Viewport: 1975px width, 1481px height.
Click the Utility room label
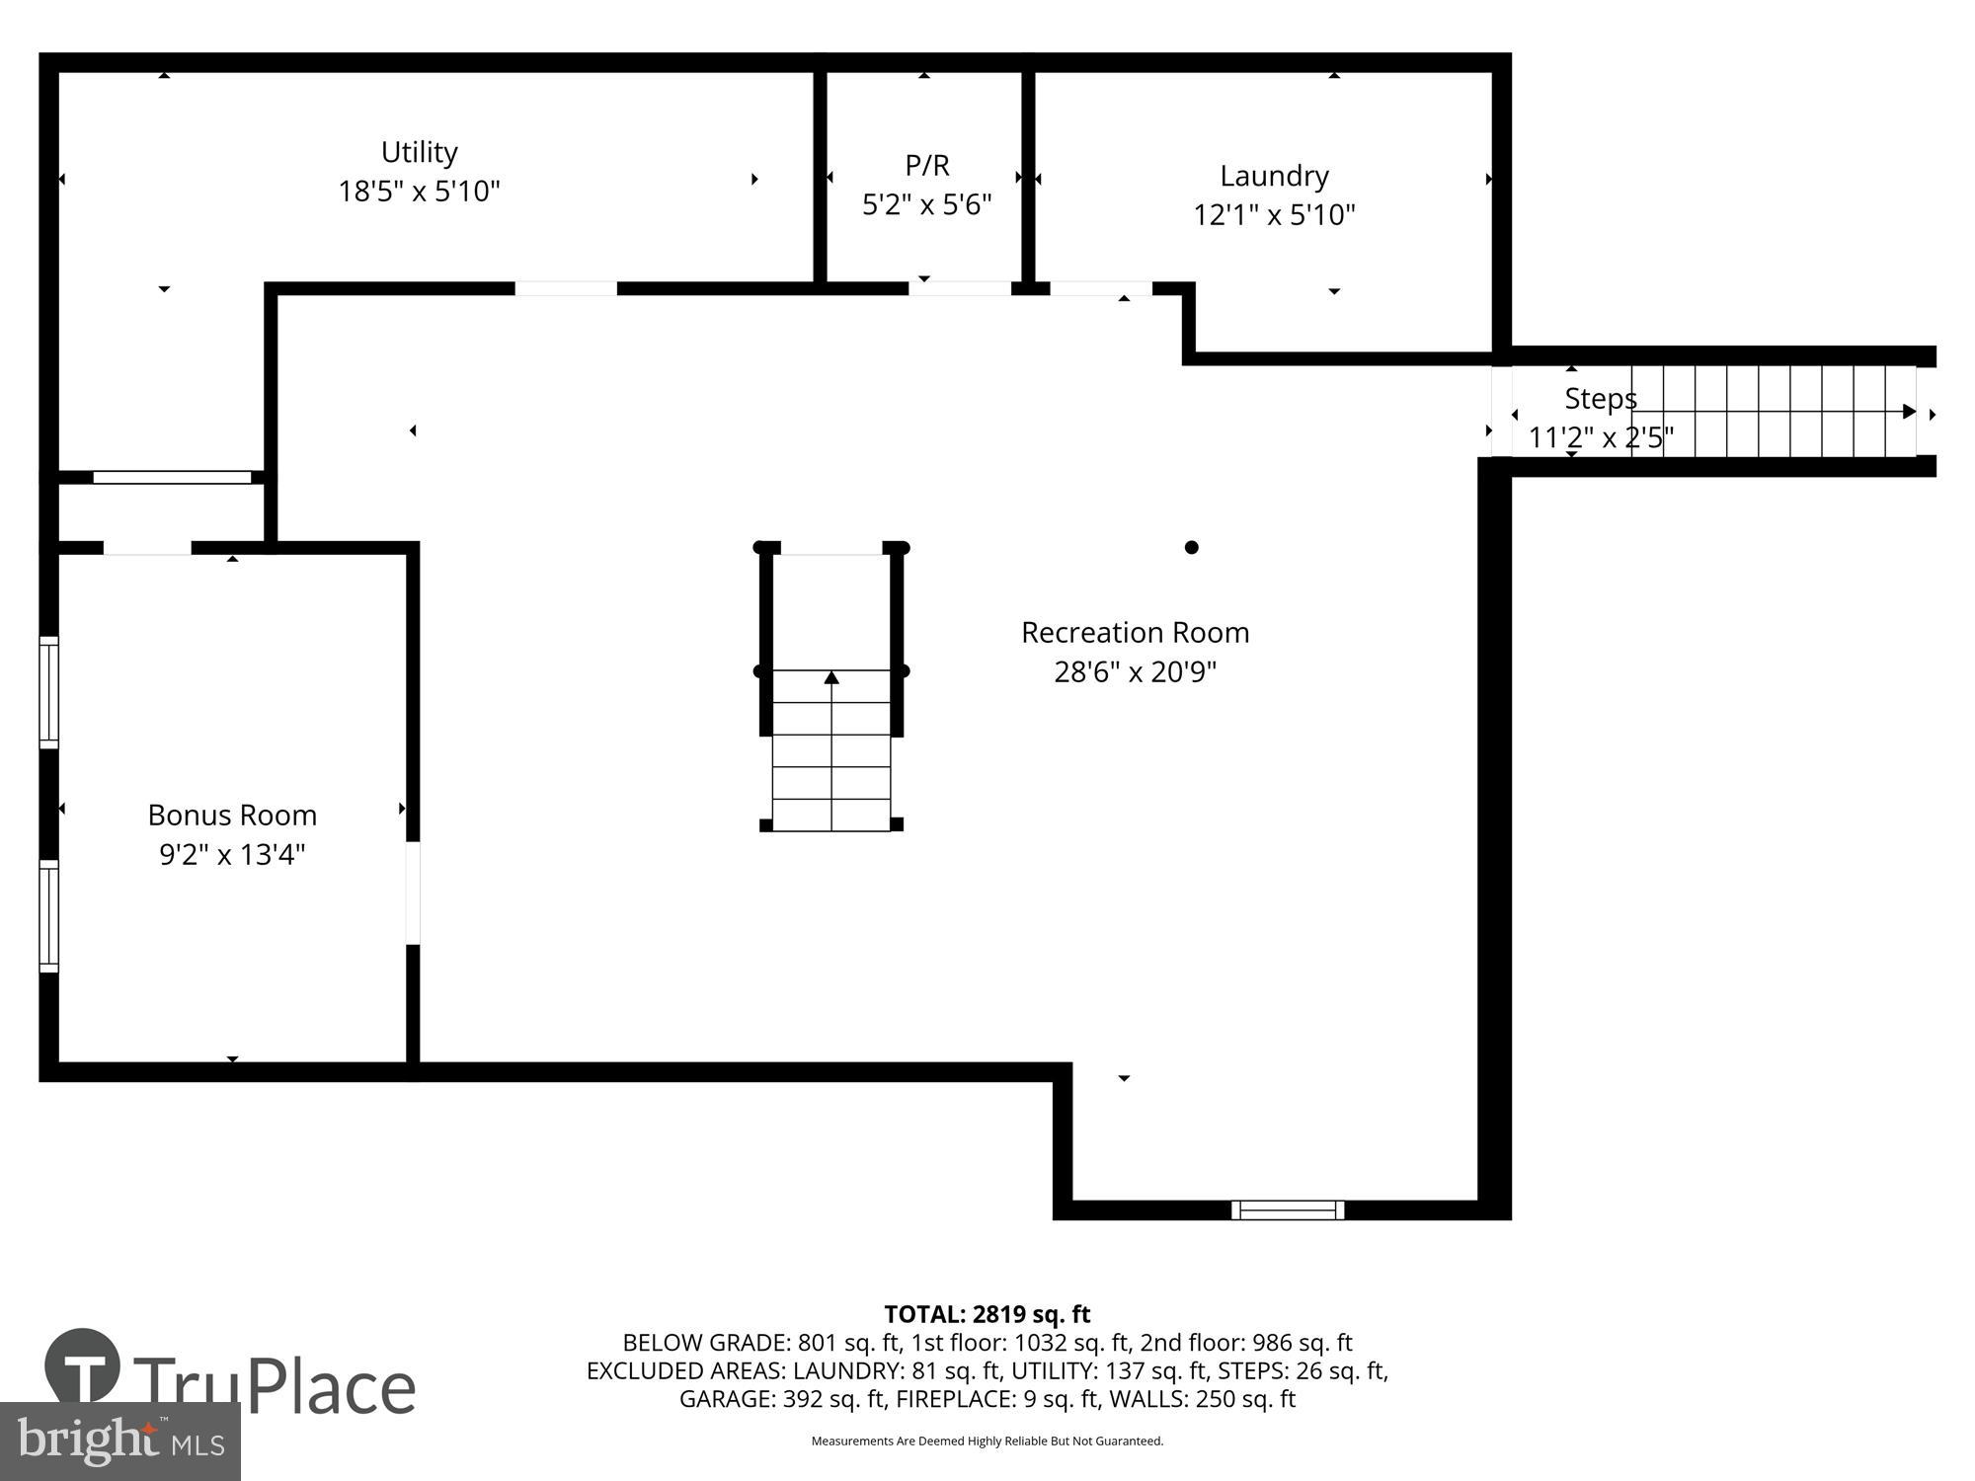[419, 152]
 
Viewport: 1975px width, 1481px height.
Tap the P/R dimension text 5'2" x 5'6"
[926, 204]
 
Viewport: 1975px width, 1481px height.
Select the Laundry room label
[1274, 176]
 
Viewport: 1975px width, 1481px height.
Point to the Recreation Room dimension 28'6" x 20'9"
[1135, 672]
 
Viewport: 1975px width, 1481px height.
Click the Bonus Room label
[232, 816]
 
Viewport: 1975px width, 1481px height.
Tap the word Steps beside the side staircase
[1600, 399]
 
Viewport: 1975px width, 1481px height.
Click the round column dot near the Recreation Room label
[1191, 547]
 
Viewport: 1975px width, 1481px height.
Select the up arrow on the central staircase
[831, 677]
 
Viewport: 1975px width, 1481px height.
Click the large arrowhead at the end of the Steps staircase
[1909, 412]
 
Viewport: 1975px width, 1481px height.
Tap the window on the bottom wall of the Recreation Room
[1287, 1209]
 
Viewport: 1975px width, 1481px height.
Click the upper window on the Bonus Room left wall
[48, 692]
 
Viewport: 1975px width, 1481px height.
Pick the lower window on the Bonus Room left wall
[48, 915]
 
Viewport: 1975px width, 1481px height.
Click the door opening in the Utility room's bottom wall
[566, 288]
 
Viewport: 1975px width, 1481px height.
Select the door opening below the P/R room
[959, 288]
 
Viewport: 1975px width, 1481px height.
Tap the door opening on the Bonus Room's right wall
[413, 893]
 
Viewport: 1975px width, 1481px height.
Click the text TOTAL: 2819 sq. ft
[987, 1314]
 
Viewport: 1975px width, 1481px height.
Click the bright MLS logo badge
[119, 1441]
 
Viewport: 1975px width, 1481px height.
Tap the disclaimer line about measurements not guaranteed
[987, 1442]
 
